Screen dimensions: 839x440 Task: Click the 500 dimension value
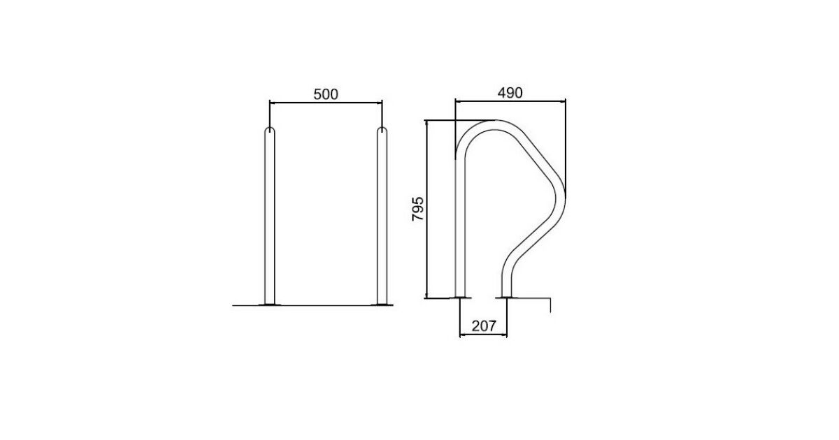click(326, 94)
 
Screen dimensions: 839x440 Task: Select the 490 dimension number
click(510, 93)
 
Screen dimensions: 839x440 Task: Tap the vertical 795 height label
click(417, 208)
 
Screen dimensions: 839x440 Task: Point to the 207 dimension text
click(484, 326)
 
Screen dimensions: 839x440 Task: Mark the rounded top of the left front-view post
click(270, 129)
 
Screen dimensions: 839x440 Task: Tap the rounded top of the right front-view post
click(382, 129)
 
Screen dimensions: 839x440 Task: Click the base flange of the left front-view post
click(270, 305)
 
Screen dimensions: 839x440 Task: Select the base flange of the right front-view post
click(382, 305)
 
